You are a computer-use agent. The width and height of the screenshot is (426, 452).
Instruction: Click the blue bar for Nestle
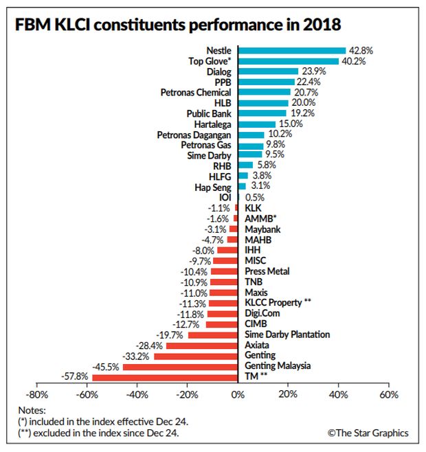tap(291, 50)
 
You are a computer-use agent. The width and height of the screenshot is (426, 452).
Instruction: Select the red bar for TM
tap(165, 377)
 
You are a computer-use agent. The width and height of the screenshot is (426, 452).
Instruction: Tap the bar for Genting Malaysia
tap(180, 367)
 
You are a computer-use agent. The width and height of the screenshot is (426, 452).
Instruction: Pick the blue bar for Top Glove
tap(288, 61)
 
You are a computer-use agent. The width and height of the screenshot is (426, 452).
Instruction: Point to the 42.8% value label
tap(360, 50)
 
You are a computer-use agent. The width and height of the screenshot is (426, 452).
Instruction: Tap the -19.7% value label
tap(171, 335)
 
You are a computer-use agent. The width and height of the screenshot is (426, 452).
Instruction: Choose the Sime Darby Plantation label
tap(287, 335)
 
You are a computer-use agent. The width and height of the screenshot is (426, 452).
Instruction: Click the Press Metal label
tap(267, 271)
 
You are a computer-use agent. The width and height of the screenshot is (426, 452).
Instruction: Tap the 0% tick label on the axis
tap(237, 395)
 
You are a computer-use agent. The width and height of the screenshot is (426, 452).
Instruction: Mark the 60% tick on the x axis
tap(388, 395)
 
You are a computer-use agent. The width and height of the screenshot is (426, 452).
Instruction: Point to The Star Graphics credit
tap(368, 433)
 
